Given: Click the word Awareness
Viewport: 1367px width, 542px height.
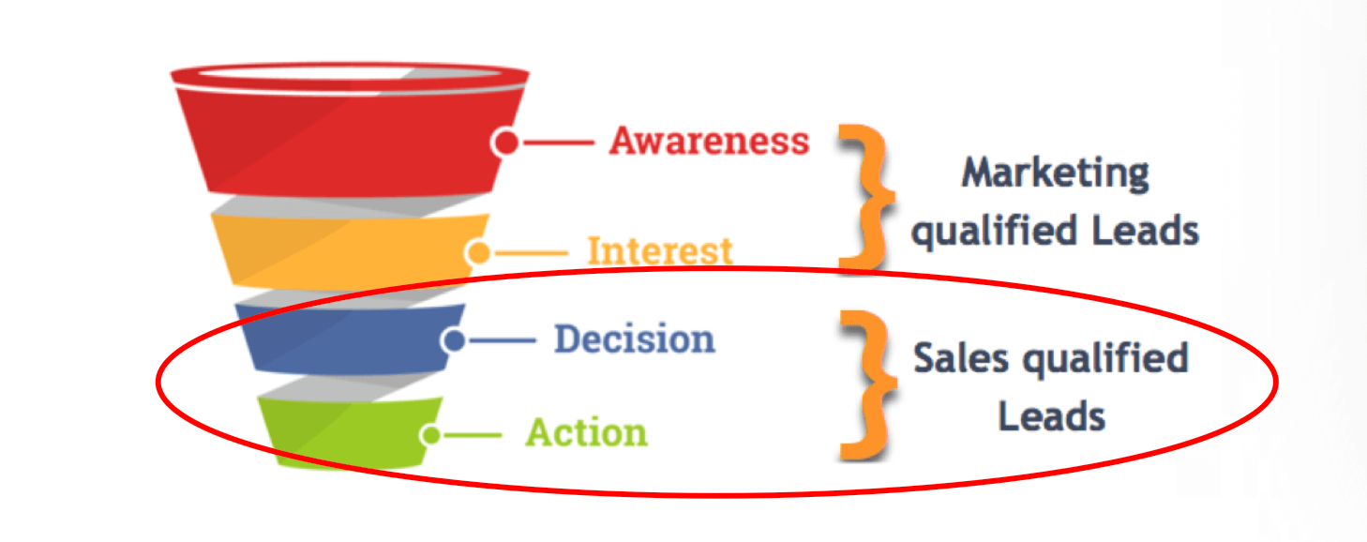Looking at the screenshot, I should pos(709,141).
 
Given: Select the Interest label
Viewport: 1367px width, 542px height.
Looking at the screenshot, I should pos(659,251).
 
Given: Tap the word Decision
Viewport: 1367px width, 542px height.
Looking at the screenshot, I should pos(634,339).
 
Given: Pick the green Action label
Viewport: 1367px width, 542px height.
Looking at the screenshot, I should pos(586,433).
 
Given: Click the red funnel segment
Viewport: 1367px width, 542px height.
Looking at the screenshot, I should pos(347,141).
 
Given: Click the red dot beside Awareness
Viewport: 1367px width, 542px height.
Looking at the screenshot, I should pos(506,143).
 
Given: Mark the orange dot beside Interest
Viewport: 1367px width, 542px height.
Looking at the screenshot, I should pos(478,252).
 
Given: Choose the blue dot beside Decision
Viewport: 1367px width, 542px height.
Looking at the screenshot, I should pos(455,340).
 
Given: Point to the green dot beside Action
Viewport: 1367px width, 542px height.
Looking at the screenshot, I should pos(430,435).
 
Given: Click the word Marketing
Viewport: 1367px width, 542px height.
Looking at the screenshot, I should pos(1055,173).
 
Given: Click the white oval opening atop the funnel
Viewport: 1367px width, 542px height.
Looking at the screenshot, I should pos(349,74).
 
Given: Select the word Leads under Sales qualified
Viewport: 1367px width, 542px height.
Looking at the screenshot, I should pos(1051,414).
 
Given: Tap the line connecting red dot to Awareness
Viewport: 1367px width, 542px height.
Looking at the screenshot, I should pos(557,143).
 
